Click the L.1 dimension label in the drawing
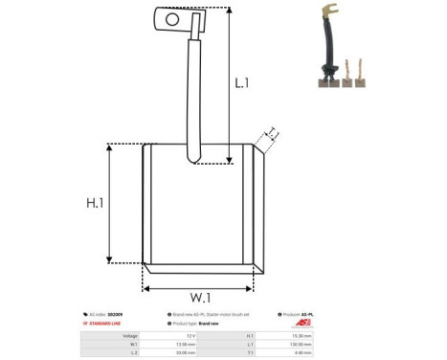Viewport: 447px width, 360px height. point(242,83)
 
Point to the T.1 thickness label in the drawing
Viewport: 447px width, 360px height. point(271,133)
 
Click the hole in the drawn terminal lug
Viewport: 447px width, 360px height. point(171,17)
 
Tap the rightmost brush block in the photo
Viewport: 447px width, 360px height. point(361,80)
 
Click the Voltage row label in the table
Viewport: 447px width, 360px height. point(130,336)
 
